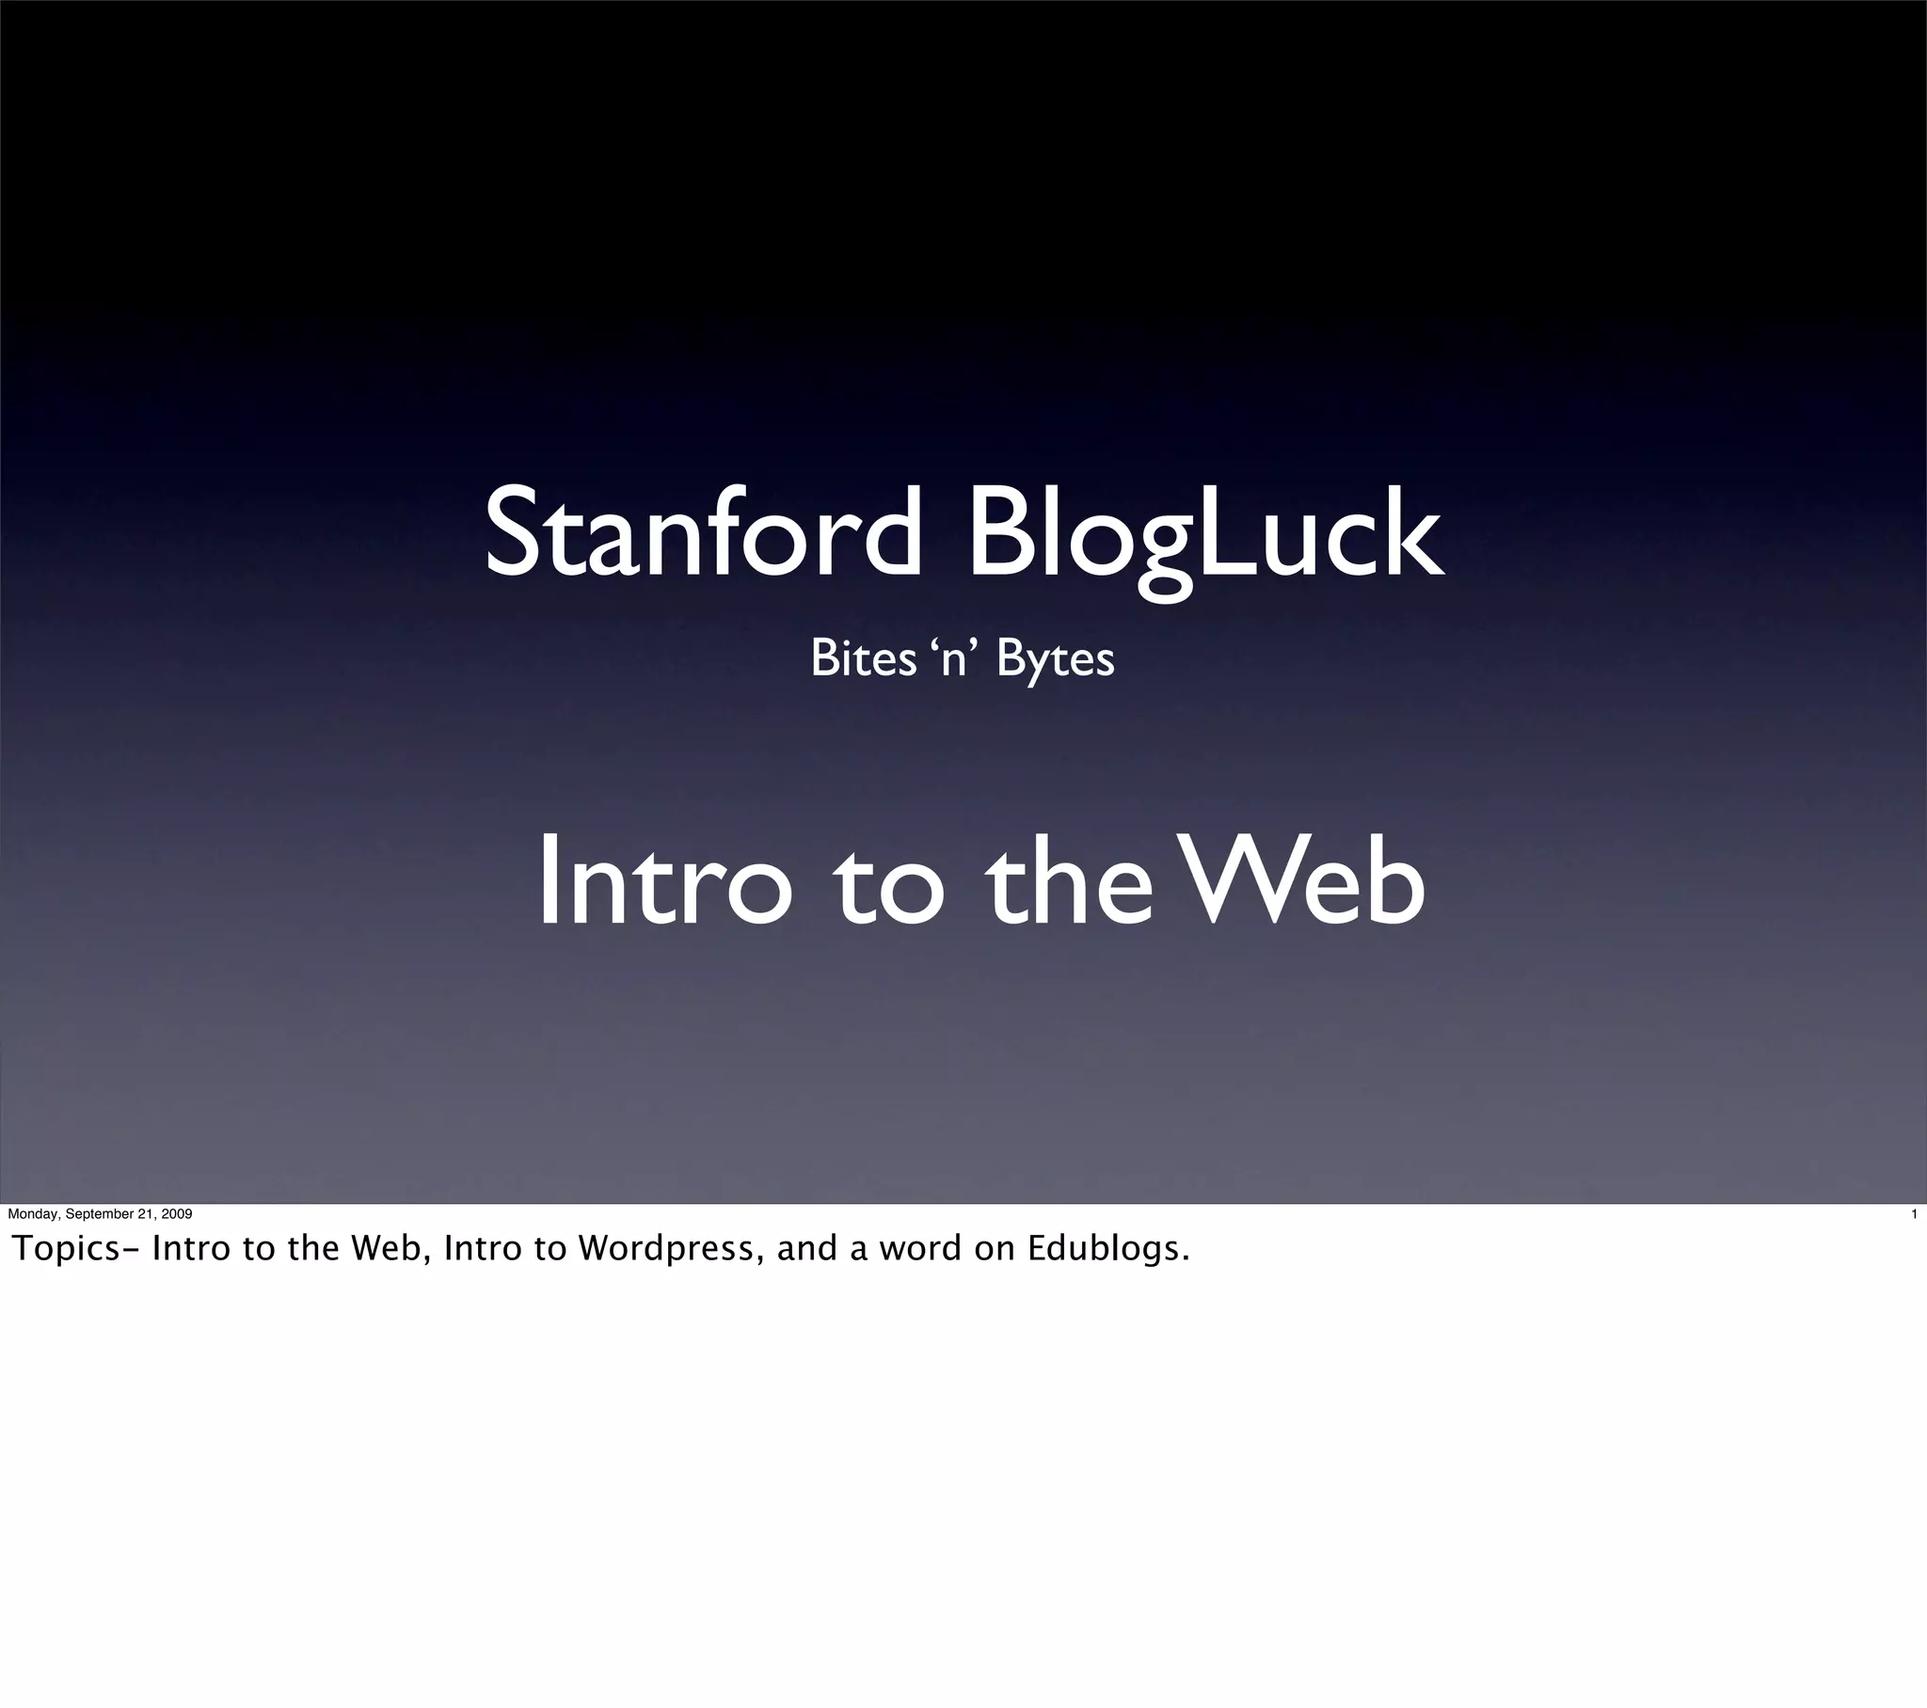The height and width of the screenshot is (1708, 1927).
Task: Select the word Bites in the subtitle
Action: [x=863, y=658]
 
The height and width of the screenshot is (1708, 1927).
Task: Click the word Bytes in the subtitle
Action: [x=1055, y=659]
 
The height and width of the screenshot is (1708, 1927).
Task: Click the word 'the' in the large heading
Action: [x=1067, y=882]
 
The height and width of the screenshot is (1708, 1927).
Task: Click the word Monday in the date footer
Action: [x=32, y=1214]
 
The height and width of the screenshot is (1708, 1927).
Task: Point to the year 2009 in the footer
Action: [x=176, y=1214]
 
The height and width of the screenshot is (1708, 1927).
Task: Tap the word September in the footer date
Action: [x=99, y=1214]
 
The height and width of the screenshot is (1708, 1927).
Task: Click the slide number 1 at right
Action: [x=1913, y=1214]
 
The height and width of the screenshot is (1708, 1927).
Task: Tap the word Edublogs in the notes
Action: [x=1107, y=1249]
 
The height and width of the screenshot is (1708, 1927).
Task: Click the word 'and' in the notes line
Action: [x=807, y=1249]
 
